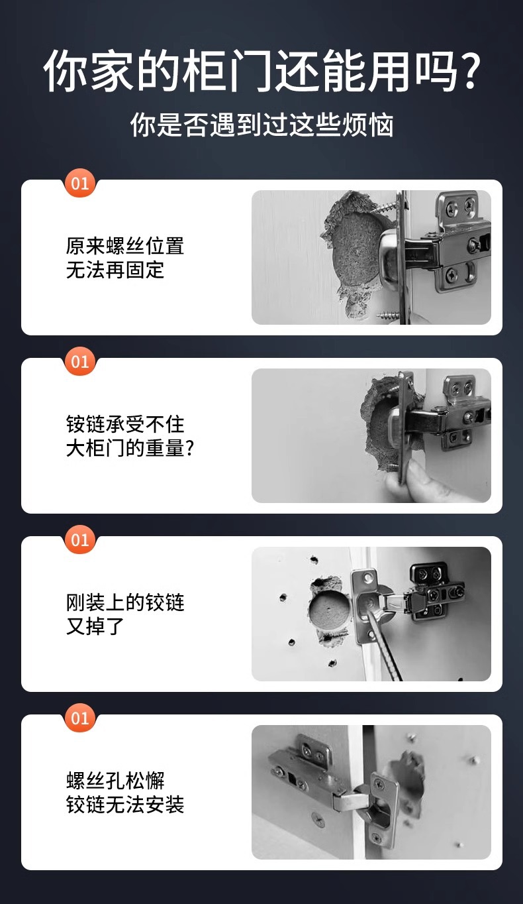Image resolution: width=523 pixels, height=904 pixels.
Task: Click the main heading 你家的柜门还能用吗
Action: pos(252,71)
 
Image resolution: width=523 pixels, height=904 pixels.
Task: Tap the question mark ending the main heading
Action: pos(469,71)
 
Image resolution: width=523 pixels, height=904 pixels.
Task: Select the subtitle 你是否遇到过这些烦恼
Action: pos(261,125)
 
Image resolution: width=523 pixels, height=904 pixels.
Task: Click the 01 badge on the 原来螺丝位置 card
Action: pos(80,183)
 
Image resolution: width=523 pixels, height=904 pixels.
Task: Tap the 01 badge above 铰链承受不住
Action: pos(80,362)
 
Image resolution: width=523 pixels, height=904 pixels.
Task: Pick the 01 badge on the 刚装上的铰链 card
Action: pos(80,540)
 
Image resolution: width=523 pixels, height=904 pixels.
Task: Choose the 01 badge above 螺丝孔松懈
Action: pos(80,718)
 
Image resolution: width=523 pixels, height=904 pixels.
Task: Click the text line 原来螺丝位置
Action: pos(125,247)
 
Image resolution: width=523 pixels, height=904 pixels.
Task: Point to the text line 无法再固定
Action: pos(115,270)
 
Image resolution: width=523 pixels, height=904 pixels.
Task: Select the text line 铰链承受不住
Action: pos(125,424)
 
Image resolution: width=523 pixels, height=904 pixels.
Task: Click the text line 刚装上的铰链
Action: pos(125,602)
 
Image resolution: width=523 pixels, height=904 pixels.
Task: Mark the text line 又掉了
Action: pos(95,626)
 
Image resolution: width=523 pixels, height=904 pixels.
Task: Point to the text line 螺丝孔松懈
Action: pos(115,781)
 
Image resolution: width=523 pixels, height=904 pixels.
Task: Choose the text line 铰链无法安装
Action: pos(125,805)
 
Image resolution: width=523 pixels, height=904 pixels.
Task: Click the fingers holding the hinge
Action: pos(404,480)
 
